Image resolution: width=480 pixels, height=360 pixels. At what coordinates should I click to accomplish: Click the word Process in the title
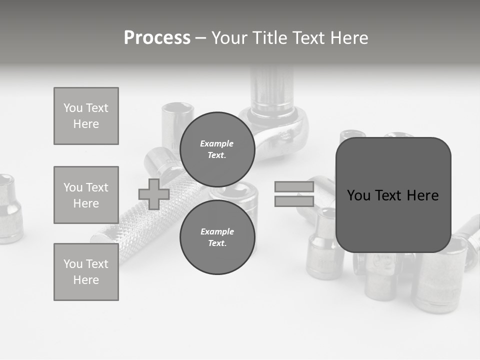(x=157, y=37)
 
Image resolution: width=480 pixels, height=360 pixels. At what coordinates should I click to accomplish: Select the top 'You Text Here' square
(x=86, y=116)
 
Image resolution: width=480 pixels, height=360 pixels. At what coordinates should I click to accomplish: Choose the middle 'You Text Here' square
(x=86, y=195)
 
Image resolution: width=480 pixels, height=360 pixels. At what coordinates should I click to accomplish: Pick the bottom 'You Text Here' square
(x=86, y=271)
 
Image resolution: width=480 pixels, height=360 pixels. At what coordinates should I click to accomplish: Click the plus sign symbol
(x=154, y=194)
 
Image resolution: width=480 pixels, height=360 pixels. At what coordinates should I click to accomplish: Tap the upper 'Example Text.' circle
(x=217, y=149)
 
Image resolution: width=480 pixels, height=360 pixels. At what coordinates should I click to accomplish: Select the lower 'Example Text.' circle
(x=217, y=237)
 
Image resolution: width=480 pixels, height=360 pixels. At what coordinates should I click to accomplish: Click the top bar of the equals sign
(x=294, y=187)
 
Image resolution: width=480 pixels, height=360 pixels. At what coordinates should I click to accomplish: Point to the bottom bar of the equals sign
(x=294, y=201)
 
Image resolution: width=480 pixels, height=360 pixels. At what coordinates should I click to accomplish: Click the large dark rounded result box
(x=393, y=195)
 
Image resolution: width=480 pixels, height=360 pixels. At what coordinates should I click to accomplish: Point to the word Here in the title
(x=348, y=37)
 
